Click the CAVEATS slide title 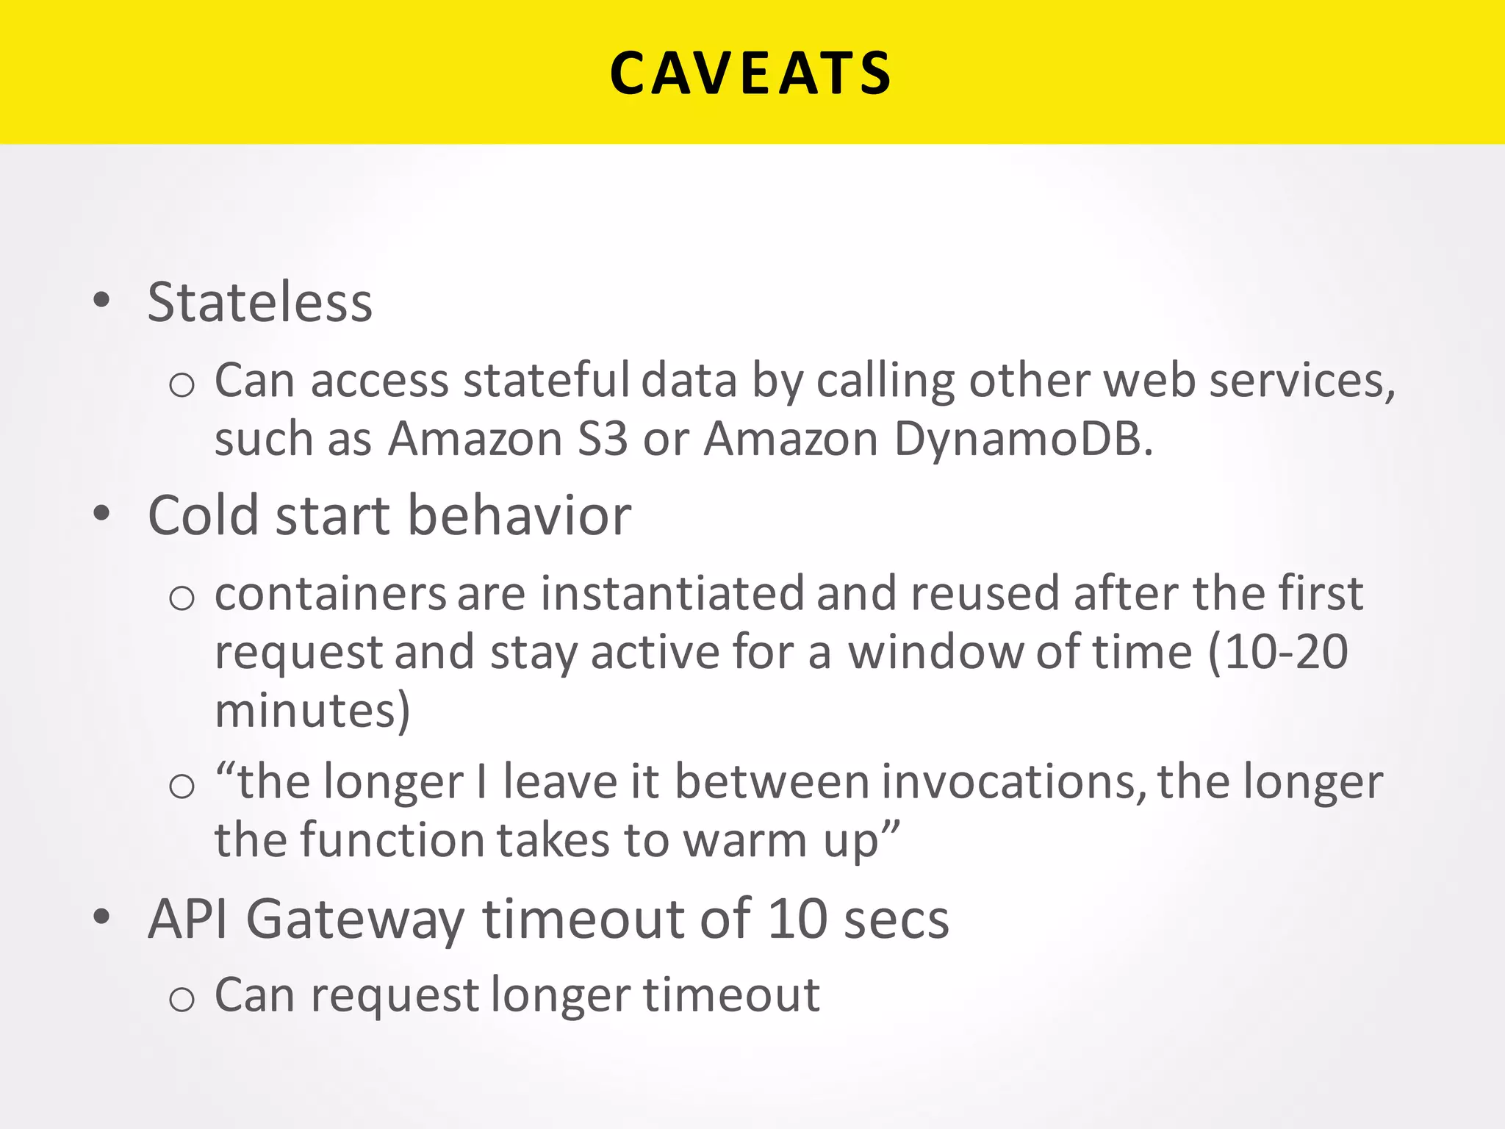pyautogui.click(x=751, y=74)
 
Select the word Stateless pyautogui.click(x=260, y=302)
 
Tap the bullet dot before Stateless pyautogui.click(x=101, y=300)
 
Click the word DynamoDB pyautogui.click(x=1023, y=440)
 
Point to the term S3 pyautogui.click(x=603, y=440)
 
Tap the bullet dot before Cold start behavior pyautogui.click(x=101, y=513)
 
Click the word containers pyautogui.click(x=330, y=594)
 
